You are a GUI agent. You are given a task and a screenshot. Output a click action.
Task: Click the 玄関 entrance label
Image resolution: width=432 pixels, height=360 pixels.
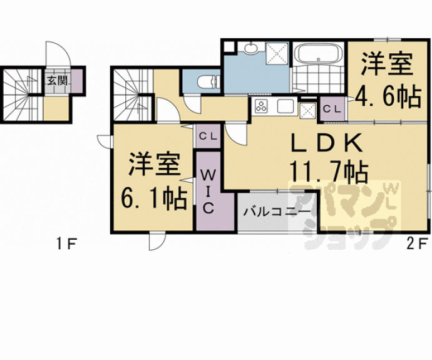(x=58, y=81)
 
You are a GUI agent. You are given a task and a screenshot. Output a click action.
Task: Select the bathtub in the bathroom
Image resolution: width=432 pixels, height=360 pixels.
(x=318, y=54)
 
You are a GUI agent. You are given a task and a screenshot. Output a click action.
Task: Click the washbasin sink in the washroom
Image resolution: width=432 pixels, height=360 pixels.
(x=250, y=48)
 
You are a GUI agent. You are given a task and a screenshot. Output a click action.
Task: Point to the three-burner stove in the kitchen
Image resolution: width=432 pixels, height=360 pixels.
(x=261, y=106)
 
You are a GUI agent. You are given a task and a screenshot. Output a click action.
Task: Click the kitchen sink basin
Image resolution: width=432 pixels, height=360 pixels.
(x=285, y=106)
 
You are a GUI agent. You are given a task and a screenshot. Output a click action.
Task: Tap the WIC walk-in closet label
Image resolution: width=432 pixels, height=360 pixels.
(x=208, y=192)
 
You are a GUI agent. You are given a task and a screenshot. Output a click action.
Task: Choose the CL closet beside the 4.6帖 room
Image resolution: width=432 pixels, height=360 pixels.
(x=332, y=109)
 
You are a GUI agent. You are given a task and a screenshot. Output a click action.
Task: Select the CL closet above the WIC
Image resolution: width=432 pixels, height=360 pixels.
(x=208, y=136)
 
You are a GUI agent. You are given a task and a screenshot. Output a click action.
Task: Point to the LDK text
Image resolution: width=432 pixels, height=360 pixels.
(x=327, y=143)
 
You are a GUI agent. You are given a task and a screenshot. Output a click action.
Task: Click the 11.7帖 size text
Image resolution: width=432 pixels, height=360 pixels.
(x=329, y=172)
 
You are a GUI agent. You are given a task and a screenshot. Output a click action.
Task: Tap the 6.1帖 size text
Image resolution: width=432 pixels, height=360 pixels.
(x=154, y=198)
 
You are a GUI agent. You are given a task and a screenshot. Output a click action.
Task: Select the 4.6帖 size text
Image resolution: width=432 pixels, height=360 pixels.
(x=388, y=97)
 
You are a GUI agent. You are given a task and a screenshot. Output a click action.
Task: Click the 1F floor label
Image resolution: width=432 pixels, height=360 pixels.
(x=66, y=244)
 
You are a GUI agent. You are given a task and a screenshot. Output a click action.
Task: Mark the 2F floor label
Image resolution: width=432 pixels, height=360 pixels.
(x=417, y=244)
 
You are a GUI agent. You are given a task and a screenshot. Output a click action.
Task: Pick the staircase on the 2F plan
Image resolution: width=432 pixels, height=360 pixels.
(x=133, y=95)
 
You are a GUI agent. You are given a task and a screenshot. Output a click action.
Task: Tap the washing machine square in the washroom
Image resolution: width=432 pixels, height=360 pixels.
(x=277, y=53)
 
